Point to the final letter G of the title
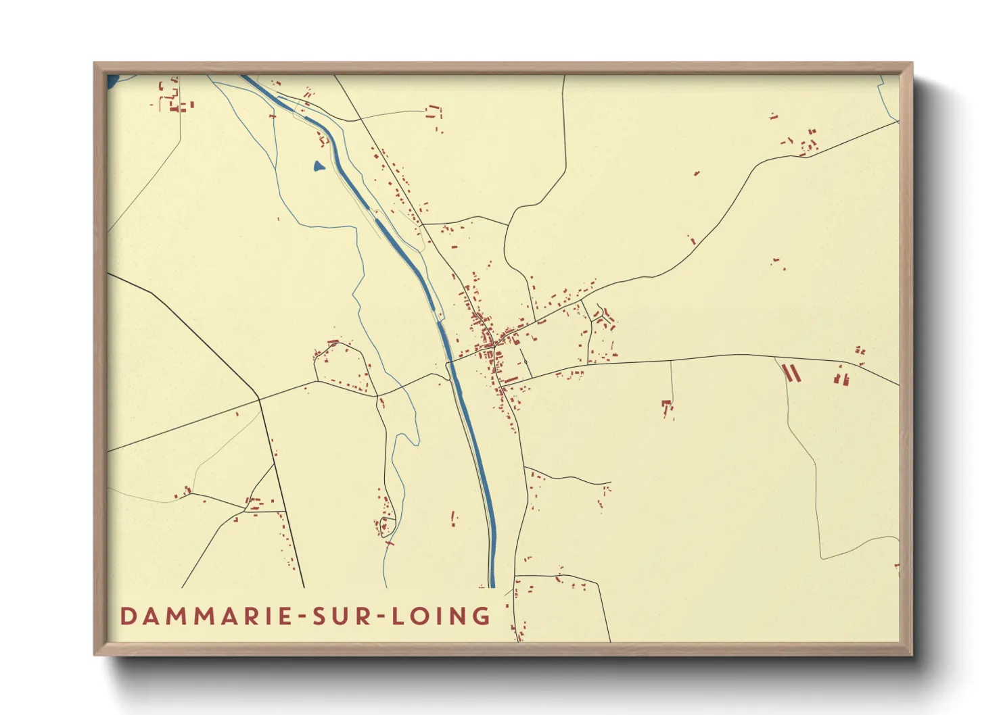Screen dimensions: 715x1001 click(x=482, y=616)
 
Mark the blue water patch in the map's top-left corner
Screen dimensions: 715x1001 click(x=112, y=82)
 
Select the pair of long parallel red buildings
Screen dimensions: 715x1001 click(x=791, y=373)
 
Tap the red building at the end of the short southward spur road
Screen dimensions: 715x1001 click(x=668, y=407)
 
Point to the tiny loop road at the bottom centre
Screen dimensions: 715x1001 click(x=386, y=526)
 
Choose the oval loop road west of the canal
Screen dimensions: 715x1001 click(x=342, y=368)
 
